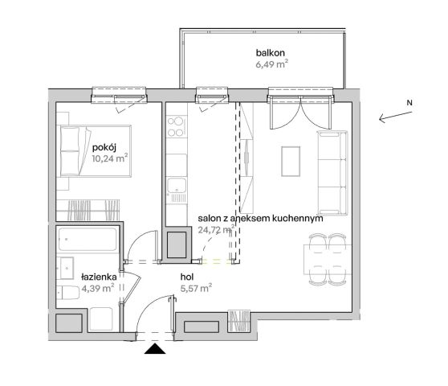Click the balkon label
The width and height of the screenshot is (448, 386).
click(271, 53)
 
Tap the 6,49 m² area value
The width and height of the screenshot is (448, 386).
click(271, 64)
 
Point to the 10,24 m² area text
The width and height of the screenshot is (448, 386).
click(110, 158)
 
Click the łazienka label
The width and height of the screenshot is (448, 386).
click(99, 277)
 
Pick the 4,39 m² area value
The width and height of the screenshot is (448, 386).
click(98, 288)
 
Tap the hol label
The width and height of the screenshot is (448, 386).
click(187, 277)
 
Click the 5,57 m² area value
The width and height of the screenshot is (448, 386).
click(196, 288)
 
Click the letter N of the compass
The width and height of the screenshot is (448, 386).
click(409, 103)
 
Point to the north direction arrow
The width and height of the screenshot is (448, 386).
click(396, 117)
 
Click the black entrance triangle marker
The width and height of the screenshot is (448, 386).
click(155, 348)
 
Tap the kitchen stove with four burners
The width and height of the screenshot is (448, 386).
click(177, 126)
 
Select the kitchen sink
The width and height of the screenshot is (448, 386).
click(177, 185)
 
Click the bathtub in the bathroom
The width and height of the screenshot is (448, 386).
click(88, 239)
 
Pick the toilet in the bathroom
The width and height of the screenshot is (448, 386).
click(67, 293)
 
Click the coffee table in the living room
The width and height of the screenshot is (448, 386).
click(291, 162)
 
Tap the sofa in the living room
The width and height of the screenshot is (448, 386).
click(332, 173)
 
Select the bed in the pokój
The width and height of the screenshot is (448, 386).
click(96, 151)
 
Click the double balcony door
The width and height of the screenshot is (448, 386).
click(300, 113)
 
